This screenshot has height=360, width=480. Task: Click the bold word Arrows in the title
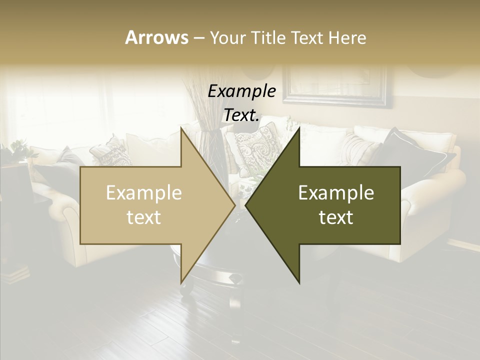[156, 37]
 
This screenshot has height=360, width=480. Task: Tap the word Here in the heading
[347, 37]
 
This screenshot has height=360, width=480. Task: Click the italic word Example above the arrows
[242, 91]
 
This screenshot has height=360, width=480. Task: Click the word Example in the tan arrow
[143, 193]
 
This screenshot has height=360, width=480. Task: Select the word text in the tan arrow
[143, 217]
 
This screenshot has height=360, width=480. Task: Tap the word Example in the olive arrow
[336, 193]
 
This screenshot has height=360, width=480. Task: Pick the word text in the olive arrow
[336, 217]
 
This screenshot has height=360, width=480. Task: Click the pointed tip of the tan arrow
[233, 205]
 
